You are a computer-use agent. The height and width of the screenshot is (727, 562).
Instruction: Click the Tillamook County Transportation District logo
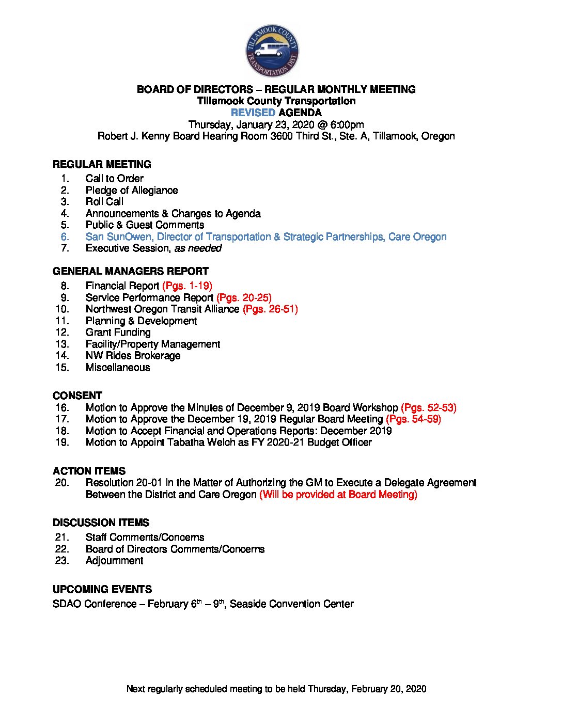click(x=272, y=51)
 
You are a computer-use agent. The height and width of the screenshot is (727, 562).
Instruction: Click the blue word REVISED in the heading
click(x=253, y=113)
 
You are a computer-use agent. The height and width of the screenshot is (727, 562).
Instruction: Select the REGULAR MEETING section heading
click(x=102, y=164)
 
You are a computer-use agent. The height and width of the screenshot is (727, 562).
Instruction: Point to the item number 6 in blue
click(x=65, y=237)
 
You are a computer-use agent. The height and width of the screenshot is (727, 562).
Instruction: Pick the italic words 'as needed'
click(x=198, y=248)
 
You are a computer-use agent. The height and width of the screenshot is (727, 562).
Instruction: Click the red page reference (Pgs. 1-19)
click(x=187, y=286)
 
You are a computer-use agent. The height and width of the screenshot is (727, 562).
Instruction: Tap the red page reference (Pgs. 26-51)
click(x=270, y=309)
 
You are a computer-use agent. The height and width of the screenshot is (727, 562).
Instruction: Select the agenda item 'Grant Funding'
click(x=118, y=333)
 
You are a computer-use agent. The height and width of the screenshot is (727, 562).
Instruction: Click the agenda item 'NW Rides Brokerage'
click(x=133, y=356)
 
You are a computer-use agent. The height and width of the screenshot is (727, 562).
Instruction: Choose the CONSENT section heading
click(x=77, y=396)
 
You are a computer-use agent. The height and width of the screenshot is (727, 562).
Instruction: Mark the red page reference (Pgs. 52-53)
click(x=429, y=408)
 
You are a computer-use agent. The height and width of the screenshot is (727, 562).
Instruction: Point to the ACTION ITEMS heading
click(x=89, y=471)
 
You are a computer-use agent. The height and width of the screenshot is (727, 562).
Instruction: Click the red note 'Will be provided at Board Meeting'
click(x=338, y=495)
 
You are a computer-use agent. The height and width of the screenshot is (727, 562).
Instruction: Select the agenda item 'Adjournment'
click(x=115, y=561)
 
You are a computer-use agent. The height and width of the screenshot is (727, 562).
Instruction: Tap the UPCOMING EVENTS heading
click(x=102, y=589)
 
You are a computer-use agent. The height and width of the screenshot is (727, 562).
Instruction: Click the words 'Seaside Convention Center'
click(x=292, y=604)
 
